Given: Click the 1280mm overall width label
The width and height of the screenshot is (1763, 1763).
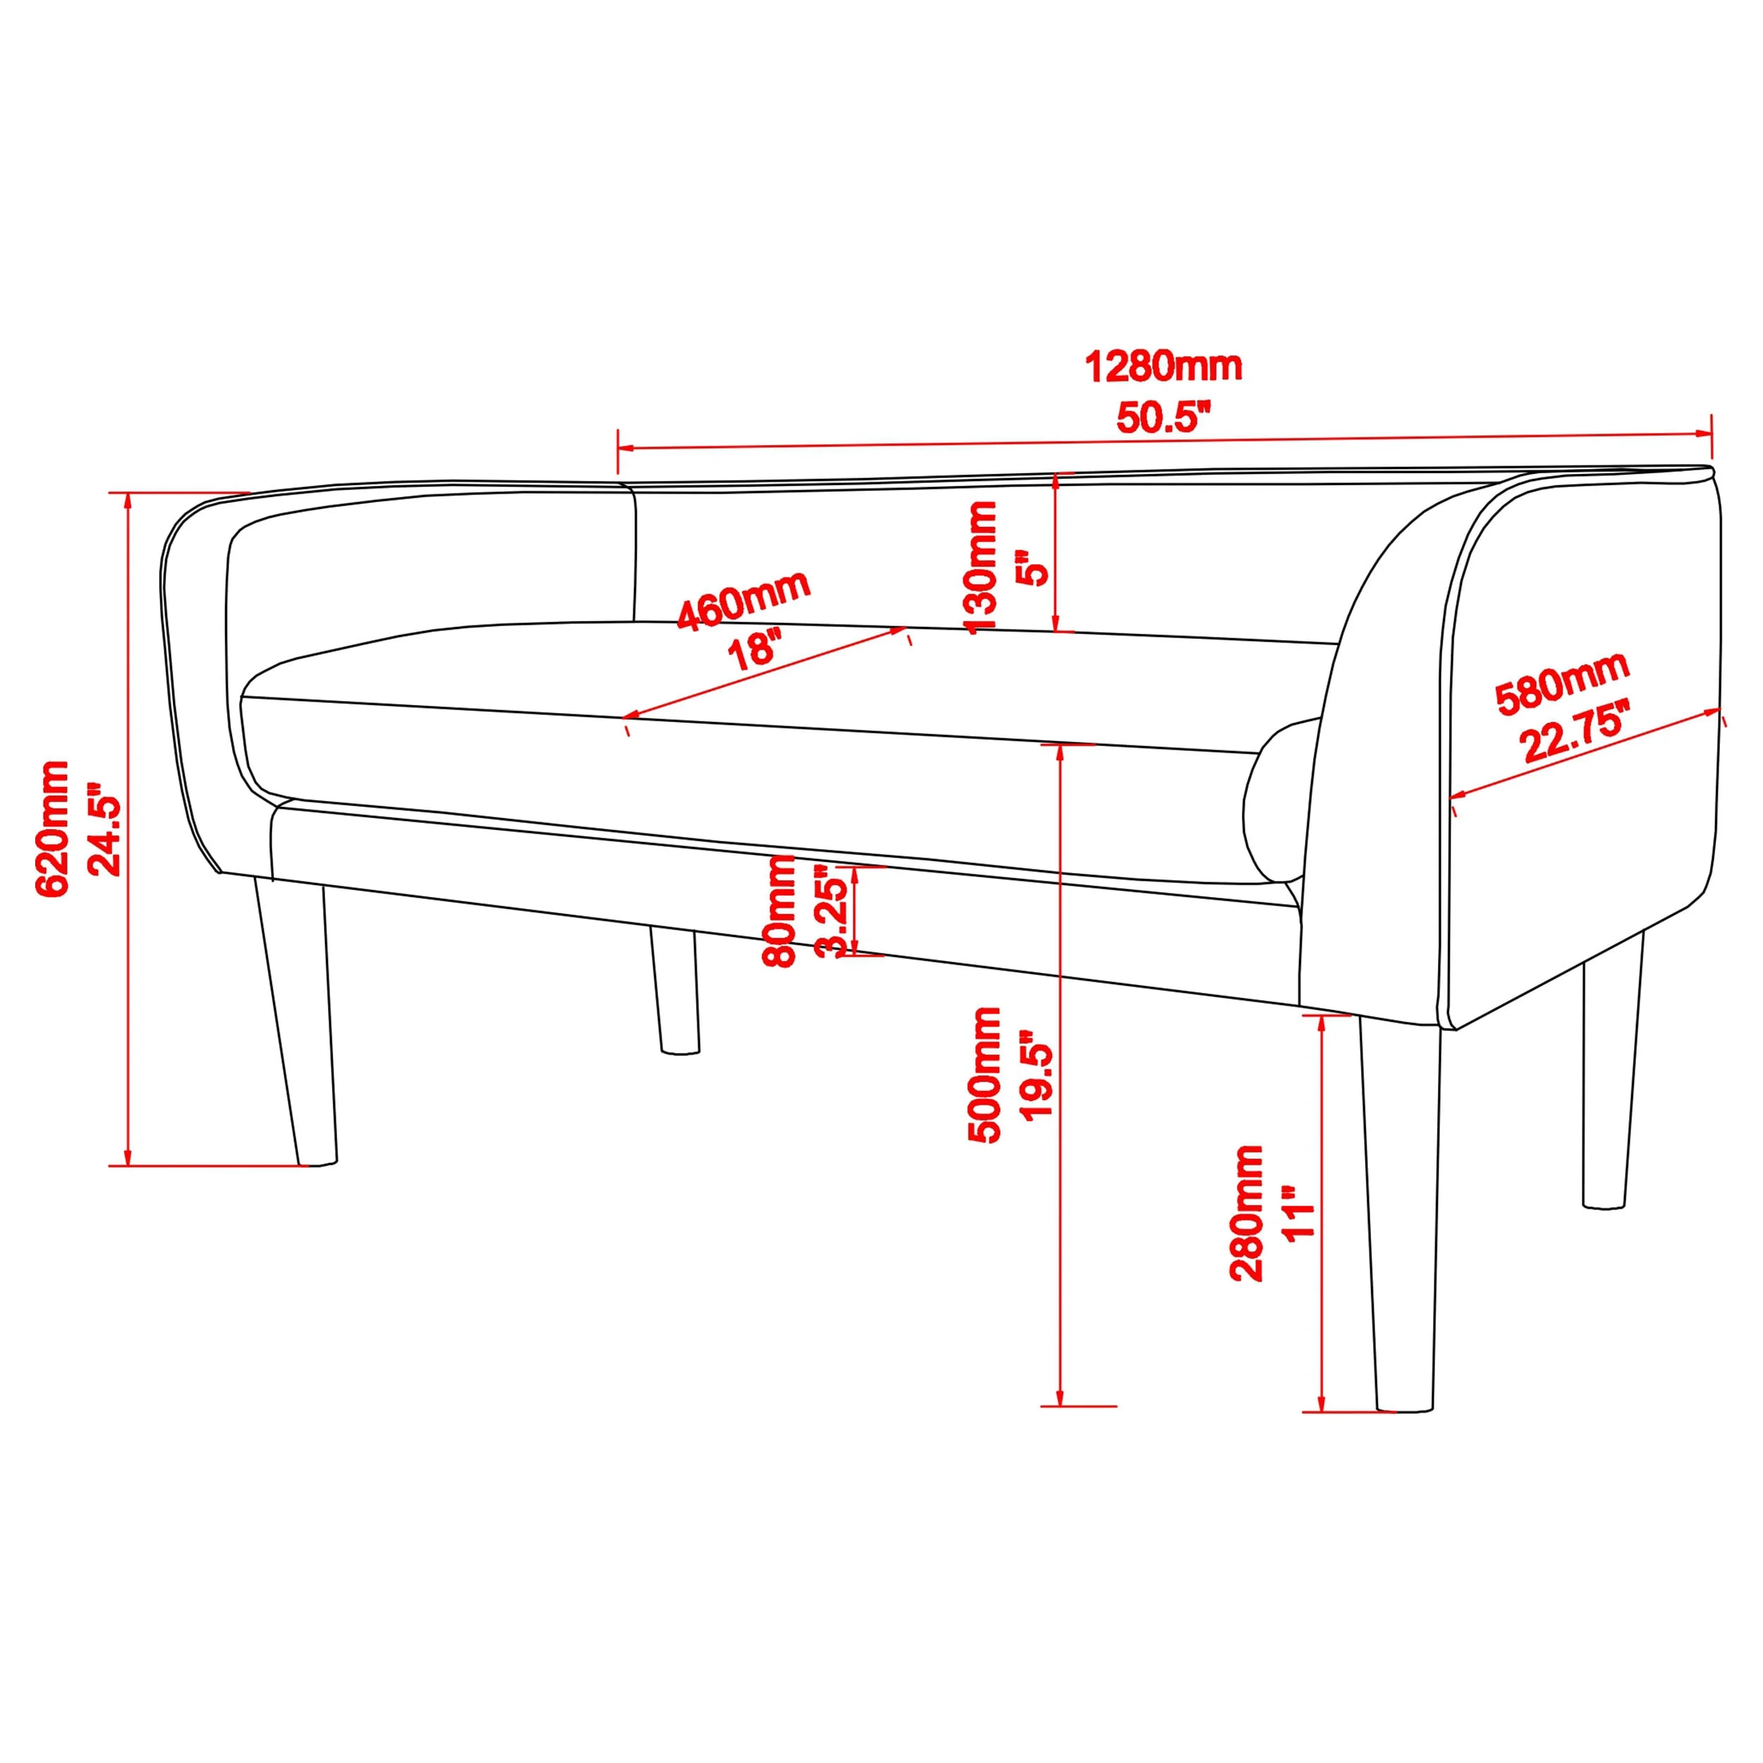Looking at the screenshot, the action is point(1164,367).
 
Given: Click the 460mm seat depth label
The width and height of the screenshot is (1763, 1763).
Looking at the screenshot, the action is point(744,599).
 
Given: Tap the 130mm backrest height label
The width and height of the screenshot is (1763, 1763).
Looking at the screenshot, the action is point(982,567).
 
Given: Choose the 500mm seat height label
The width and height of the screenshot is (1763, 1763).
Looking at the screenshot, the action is point(984,1075).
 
